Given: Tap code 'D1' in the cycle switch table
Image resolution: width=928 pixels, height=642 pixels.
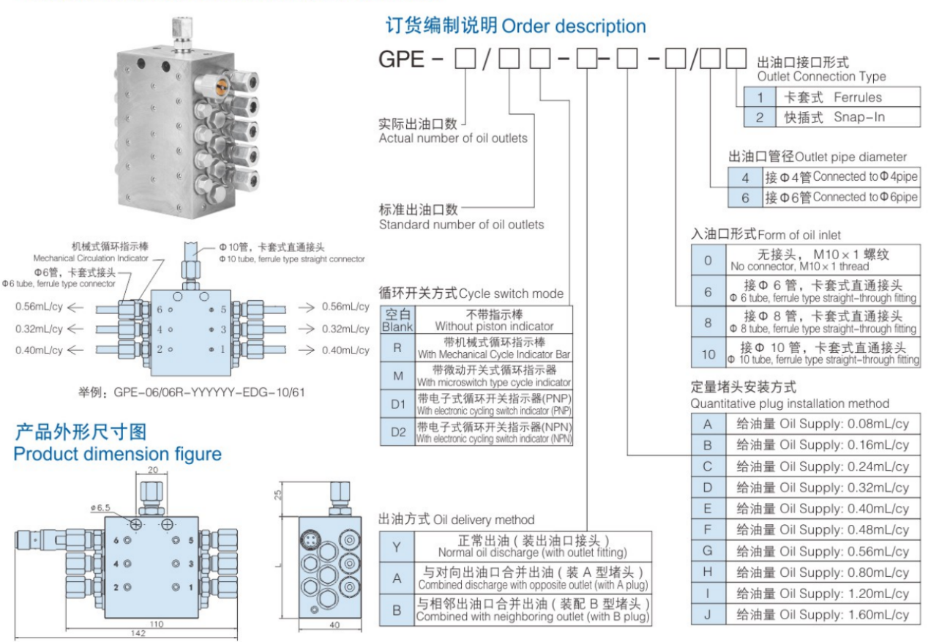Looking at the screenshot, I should coord(397,402).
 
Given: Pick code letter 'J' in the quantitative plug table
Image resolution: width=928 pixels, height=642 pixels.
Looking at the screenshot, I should coord(707,614).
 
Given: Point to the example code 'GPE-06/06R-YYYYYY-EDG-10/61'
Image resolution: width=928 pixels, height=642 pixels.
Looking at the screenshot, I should coord(191,392).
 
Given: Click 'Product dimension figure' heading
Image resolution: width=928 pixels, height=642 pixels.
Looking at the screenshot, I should coord(117,454).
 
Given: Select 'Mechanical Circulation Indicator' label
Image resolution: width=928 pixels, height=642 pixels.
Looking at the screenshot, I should coord(91,258).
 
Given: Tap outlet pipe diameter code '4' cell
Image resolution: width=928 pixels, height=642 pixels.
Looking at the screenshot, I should coord(745,177).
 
